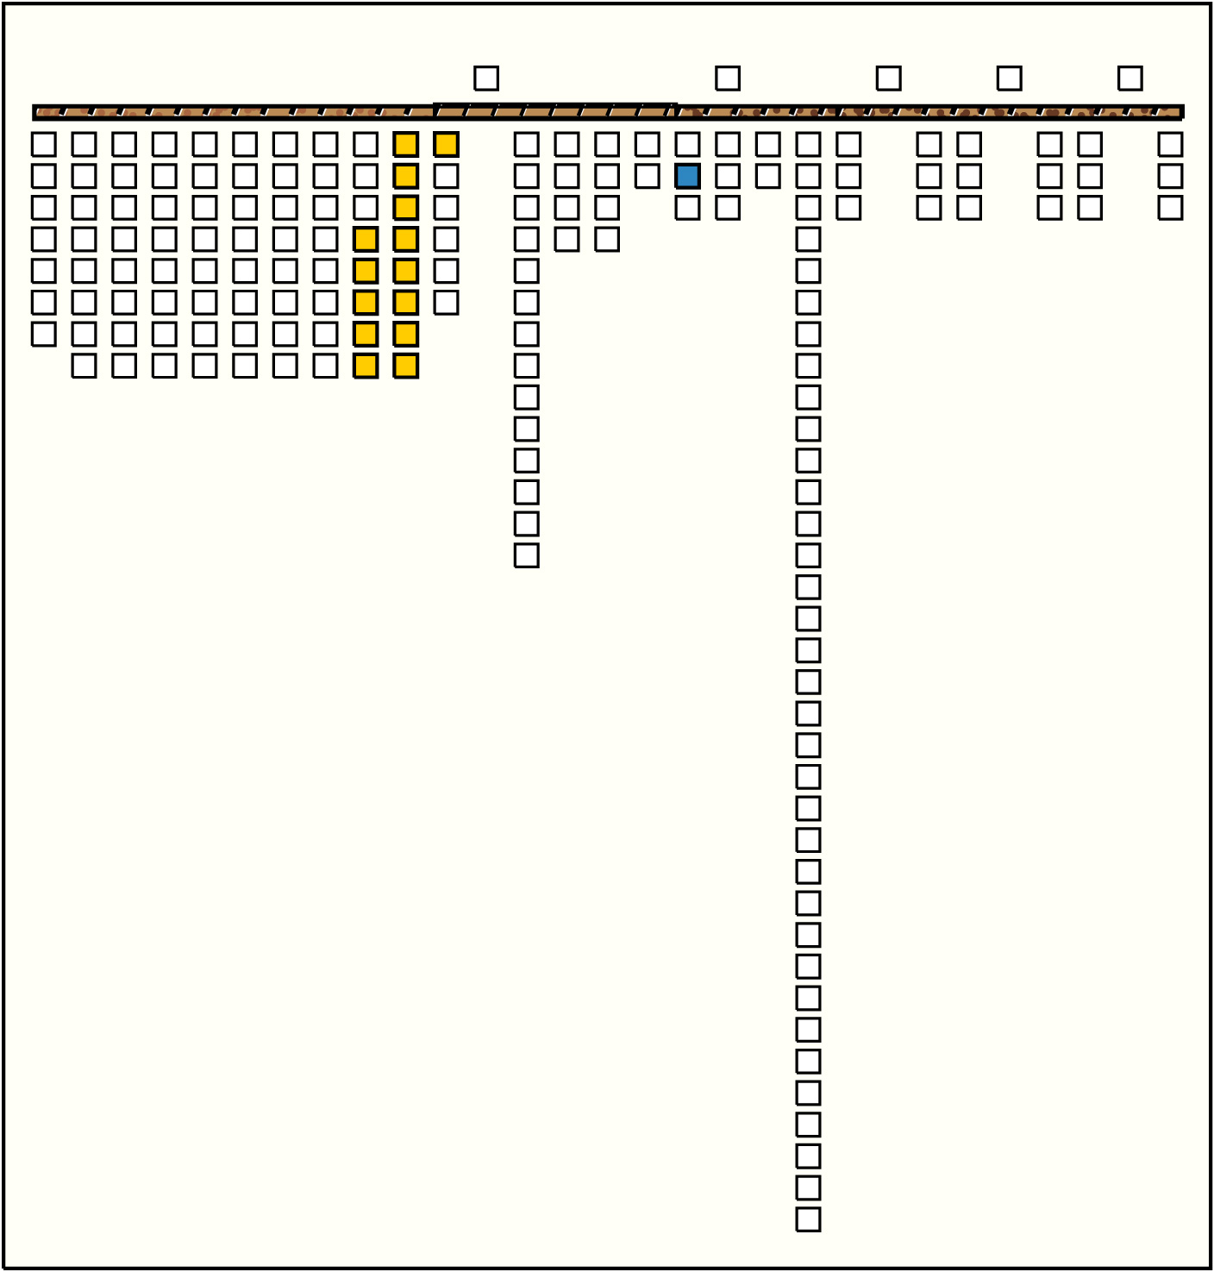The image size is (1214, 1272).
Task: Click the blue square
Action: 687,176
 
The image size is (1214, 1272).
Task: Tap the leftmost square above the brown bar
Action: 486,78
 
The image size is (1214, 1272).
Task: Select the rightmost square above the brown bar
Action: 1130,78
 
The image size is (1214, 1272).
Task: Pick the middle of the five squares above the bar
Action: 888,78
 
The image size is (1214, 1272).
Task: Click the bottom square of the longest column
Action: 808,1219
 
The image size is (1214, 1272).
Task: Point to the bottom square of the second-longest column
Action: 526,555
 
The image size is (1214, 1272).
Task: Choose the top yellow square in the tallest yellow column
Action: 405,144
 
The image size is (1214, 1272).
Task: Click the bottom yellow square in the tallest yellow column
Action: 405,366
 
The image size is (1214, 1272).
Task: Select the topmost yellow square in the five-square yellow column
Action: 366,239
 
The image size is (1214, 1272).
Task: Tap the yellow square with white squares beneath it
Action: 446,144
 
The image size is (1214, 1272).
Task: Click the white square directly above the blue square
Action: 687,144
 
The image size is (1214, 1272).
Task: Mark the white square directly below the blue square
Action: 687,208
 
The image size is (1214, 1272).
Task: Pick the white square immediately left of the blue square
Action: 647,176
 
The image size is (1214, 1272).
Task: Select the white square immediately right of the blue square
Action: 728,176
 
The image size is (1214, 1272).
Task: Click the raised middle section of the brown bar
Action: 554,110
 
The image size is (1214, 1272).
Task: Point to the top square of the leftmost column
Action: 43,144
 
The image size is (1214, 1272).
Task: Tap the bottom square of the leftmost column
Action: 43,334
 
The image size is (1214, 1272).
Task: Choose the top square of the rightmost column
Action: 1170,144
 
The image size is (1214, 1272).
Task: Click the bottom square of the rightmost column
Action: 1170,208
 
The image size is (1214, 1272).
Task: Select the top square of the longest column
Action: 808,144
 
